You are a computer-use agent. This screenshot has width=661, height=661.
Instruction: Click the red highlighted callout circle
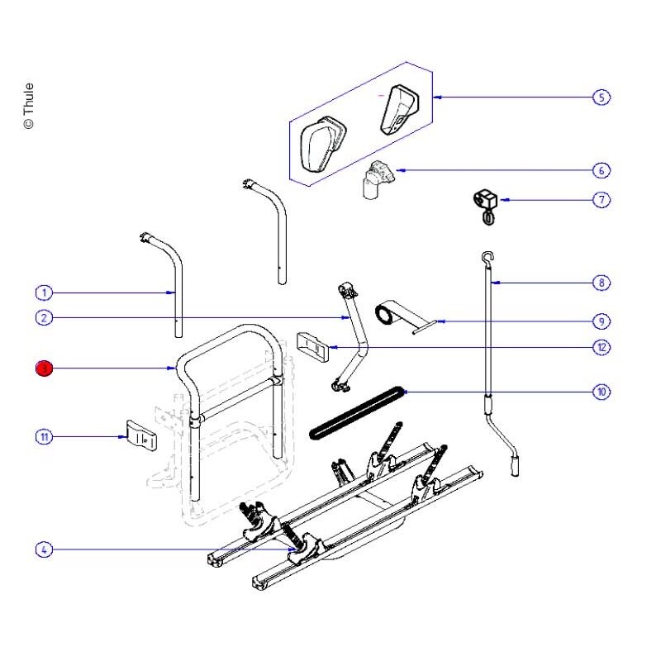[x=44, y=369]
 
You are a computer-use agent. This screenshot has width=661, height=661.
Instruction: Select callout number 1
[x=44, y=292]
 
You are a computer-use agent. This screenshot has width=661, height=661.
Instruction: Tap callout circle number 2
[x=44, y=317]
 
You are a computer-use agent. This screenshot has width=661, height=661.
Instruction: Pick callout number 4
[x=44, y=549]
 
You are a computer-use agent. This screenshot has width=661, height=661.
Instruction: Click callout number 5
[x=602, y=97]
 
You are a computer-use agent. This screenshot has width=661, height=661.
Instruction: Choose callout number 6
[x=602, y=170]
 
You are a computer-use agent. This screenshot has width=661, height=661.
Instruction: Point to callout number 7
[x=602, y=200]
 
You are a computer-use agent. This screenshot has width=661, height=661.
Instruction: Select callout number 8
[x=602, y=283]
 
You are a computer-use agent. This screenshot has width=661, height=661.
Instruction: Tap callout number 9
[x=602, y=321]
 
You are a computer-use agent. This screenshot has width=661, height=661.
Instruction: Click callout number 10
[x=602, y=392]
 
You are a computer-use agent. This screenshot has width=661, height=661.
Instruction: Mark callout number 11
[x=44, y=437]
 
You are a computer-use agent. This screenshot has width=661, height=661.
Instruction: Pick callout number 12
[x=602, y=347]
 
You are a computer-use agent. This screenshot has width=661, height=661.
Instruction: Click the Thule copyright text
[x=28, y=106]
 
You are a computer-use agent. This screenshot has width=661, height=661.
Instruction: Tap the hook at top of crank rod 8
[x=487, y=257]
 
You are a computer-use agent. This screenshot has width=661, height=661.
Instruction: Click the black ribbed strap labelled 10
[x=358, y=412]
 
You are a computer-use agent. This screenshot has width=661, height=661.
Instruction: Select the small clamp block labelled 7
[x=485, y=207]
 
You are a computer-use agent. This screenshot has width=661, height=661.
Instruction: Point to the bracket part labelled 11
[x=141, y=435]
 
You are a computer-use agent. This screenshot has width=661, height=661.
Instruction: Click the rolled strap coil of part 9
[x=383, y=316]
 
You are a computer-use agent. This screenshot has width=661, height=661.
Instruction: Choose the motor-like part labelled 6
[x=378, y=178]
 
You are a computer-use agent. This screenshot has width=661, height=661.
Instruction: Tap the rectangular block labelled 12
[x=313, y=347]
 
